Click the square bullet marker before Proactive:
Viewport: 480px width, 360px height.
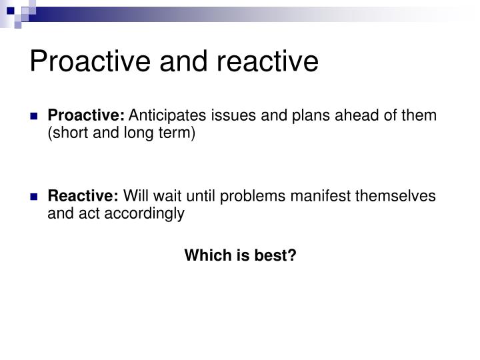tap(34, 116)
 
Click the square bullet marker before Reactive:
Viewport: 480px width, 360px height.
tap(34, 197)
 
